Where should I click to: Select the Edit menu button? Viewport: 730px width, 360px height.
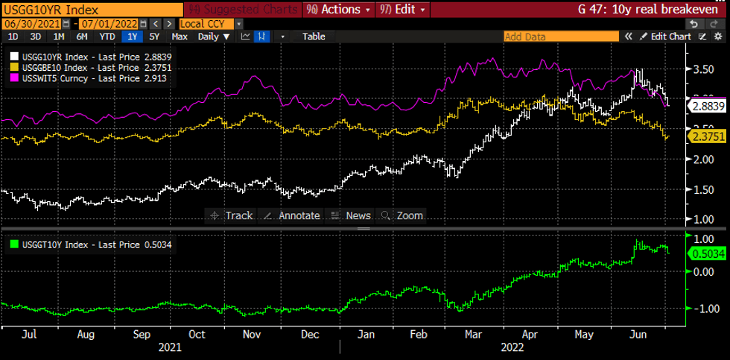tap(403, 10)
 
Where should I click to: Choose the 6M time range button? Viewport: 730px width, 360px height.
tap(81, 36)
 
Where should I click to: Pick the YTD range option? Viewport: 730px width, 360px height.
tap(107, 36)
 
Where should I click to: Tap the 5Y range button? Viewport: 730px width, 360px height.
tap(153, 36)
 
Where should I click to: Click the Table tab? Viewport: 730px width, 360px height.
tap(314, 36)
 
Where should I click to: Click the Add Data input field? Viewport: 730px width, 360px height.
tap(560, 36)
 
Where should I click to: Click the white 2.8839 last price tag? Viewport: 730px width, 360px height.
tap(706, 107)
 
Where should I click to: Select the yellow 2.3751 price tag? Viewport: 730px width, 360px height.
tap(706, 136)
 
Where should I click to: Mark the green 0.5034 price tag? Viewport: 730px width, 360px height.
tap(706, 253)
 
